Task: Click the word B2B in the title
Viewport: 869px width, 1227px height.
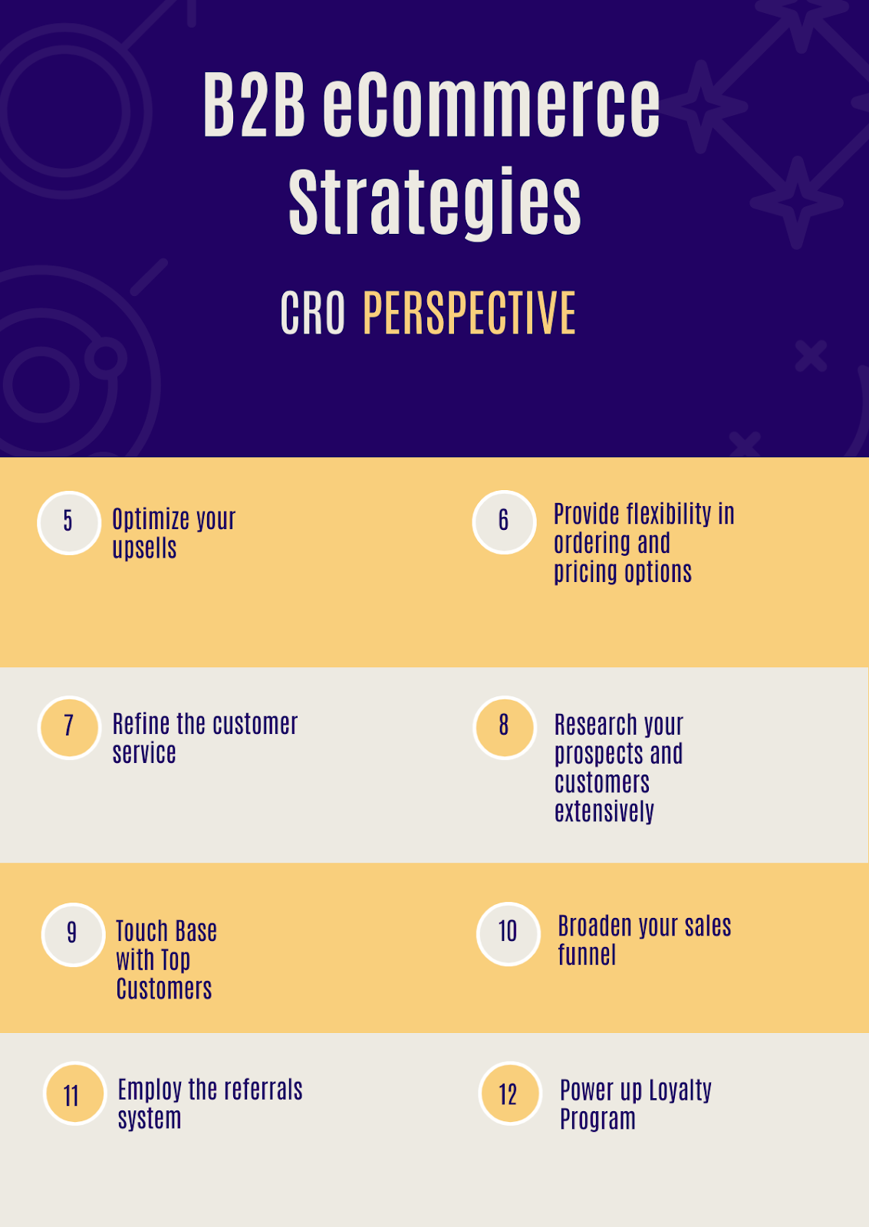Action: [254, 104]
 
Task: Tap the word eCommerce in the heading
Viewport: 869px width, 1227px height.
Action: [491, 104]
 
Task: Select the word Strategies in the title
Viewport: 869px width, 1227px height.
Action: [434, 202]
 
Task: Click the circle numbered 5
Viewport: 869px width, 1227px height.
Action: [69, 522]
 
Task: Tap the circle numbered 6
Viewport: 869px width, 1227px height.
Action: [504, 522]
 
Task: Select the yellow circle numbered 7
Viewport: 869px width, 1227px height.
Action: [70, 728]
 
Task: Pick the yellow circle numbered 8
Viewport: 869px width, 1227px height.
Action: [505, 728]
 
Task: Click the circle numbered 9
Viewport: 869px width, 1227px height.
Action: [73, 935]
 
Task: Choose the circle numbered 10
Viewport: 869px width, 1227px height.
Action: [509, 934]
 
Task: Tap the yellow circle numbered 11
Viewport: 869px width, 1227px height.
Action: [75, 1094]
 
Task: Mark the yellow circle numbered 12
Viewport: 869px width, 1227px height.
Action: [510, 1094]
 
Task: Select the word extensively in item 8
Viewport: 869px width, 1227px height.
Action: [604, 811]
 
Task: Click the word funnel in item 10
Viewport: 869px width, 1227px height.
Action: [587, 955]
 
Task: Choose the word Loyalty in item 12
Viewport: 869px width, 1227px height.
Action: [680, 1090]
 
